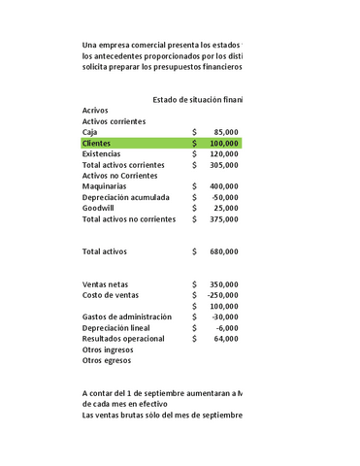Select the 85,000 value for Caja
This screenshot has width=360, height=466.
[x=226, y=132]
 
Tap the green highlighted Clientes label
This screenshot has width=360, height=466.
[x=97, y=143]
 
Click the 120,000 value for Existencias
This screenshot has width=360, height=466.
[x=224, y=153]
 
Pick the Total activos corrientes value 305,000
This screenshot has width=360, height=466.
[x=224, y=165]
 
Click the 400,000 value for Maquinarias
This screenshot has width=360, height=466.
[x=224, y=186]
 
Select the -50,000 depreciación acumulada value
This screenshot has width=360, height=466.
[x=224, y=197]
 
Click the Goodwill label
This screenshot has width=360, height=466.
[x=100, y=208]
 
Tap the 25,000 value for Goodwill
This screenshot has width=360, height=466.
[x=226, y=208]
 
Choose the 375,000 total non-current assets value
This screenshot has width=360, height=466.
[x=224, y=219]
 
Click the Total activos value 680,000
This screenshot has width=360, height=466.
[x=224, y=251]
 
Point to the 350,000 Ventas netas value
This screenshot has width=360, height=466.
[x=224, y=284]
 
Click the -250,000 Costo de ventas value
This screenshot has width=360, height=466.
[x=222, y=295]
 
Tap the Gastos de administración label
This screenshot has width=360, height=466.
[x=127, y=316]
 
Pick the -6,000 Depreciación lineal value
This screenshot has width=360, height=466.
[x=226, y=328]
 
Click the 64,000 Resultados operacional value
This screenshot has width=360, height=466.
[x=226, y=339]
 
